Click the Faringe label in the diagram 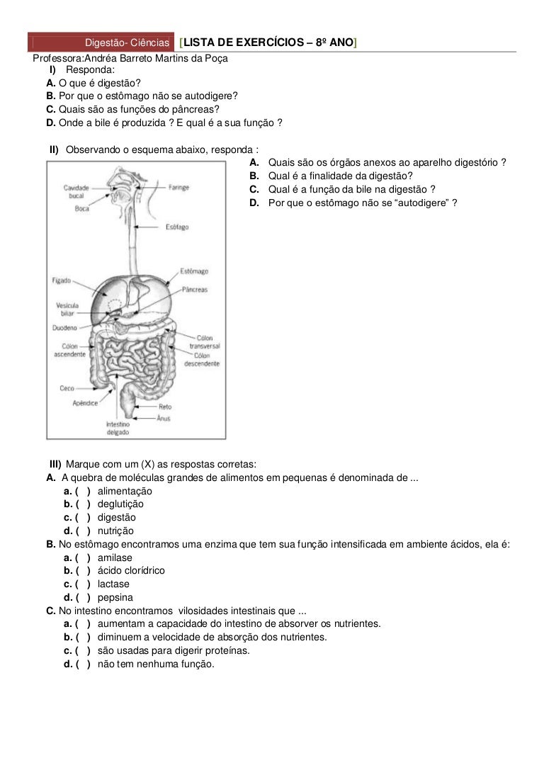tap(178, 187)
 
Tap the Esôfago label tap(177, 227)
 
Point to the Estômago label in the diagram tap(194, 271)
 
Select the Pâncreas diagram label tap(194, 289)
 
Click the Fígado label tap(62, 281)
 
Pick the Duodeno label tap(64, 327)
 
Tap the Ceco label tap(67, 388)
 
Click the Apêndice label tap(85, 403)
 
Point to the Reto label tap(165, 407)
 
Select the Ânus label tap(164, 419)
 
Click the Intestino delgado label tap(118, 429)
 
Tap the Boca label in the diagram tap(82, 209)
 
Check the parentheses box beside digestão tap(83, 518)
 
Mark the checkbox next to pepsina tap(83, 598)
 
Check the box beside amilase tap(83, 558)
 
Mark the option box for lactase tap(83, 584)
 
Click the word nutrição tap(115, 531)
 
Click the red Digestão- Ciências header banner tap(101, 43)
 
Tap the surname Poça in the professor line tap(217, 58)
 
